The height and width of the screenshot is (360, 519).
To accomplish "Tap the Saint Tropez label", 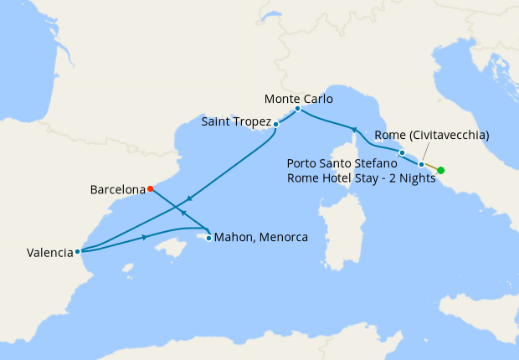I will (x=237, y=122).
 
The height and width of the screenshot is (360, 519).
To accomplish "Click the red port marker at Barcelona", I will (x=150, y=188).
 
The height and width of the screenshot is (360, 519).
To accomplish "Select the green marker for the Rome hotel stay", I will (x=441, y=171).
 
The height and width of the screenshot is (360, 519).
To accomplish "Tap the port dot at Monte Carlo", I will (x=297, y=109).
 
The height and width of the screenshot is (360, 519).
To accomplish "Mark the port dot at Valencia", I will (x=77, y=250).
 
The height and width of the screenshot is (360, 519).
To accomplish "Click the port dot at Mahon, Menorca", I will (x=208, y=238).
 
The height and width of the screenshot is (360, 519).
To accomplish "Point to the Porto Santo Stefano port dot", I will (x=402, y=153).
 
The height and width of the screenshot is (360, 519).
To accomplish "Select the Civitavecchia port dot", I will (x=421, y=165).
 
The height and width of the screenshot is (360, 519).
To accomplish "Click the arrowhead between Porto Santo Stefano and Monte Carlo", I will (x=353, y=130).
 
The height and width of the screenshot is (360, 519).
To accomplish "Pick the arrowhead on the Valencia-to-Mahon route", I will (x=146, y=238).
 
